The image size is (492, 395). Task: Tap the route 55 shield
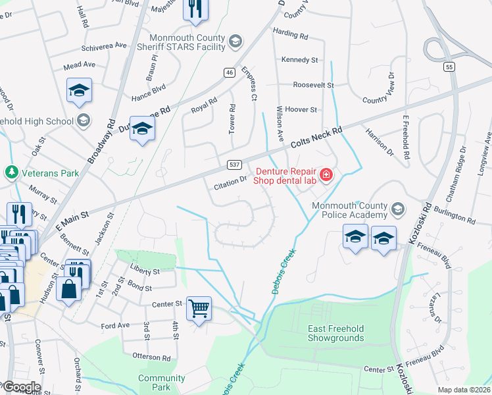[449, 66]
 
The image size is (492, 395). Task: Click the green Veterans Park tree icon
[11, 173]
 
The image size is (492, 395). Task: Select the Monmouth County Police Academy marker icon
[397, 210]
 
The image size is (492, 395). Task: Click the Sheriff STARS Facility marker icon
[234, 43]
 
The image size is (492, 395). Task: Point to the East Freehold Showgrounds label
[335, 333]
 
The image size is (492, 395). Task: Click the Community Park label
[162, 382]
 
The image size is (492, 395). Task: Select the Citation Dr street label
[230, 184]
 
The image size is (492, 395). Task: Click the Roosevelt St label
[314, 85]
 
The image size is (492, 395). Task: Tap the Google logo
[21, 386]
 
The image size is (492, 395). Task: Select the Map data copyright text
[463, 390]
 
